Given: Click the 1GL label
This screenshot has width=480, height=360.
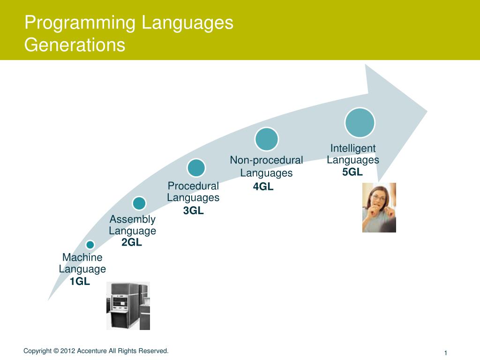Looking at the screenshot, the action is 80,281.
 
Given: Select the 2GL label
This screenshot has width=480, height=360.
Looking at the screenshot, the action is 132,242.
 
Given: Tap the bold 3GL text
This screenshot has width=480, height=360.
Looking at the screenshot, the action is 193,210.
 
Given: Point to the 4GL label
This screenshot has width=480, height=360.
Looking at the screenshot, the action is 263,187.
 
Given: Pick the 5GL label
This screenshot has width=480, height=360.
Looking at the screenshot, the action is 352,172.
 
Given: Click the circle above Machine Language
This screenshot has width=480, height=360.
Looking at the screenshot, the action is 90,245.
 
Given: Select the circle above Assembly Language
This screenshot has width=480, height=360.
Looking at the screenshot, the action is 139,203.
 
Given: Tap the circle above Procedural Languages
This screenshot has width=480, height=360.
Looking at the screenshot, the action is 196,168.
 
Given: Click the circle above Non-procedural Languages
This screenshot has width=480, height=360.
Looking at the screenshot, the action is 267,139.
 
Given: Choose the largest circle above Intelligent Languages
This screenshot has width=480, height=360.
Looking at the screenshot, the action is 360,122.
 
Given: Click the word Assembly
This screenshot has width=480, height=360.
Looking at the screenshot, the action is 133,219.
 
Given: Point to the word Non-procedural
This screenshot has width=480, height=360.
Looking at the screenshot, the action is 266,160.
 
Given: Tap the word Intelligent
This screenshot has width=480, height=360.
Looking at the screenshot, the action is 353,148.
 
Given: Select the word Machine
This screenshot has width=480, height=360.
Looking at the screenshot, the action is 82,257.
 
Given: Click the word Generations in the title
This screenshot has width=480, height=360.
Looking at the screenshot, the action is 75,45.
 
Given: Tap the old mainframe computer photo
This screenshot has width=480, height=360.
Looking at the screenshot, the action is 128,306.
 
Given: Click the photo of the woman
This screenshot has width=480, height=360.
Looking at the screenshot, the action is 379,208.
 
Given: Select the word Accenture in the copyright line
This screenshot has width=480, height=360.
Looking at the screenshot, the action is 92,351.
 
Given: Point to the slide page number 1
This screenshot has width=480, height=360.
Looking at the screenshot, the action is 446,352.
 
